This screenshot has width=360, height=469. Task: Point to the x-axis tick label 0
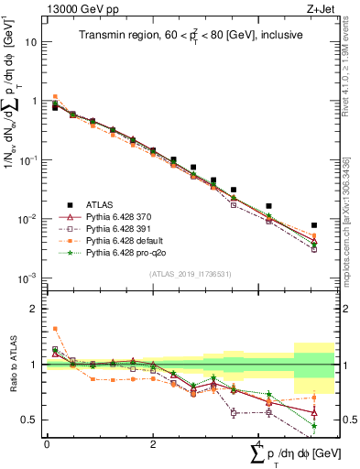click(x=47, y=444)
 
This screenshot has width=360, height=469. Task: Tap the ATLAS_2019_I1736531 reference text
click(x=183, y=273)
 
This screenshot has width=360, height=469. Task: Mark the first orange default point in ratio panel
click(x=55, y=329)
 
